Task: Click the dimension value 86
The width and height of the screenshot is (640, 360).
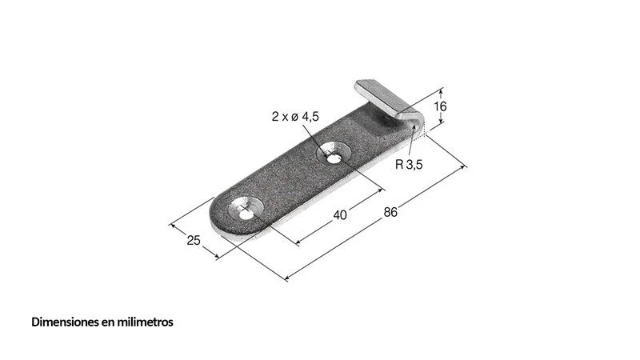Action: click(390, 212)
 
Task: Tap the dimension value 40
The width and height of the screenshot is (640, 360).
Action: click(340, 214)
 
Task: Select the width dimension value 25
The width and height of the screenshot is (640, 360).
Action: click(194, 241)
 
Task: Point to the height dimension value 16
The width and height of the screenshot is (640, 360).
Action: click(440, 106)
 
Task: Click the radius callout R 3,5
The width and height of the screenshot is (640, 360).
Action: click(409, 165)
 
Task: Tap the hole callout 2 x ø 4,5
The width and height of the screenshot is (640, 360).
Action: click(295, 117)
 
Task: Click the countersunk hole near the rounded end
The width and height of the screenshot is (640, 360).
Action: click(246, 210)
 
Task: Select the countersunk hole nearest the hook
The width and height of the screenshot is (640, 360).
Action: click(334, 154)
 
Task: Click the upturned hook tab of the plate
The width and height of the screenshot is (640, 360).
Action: click(385, 98)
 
